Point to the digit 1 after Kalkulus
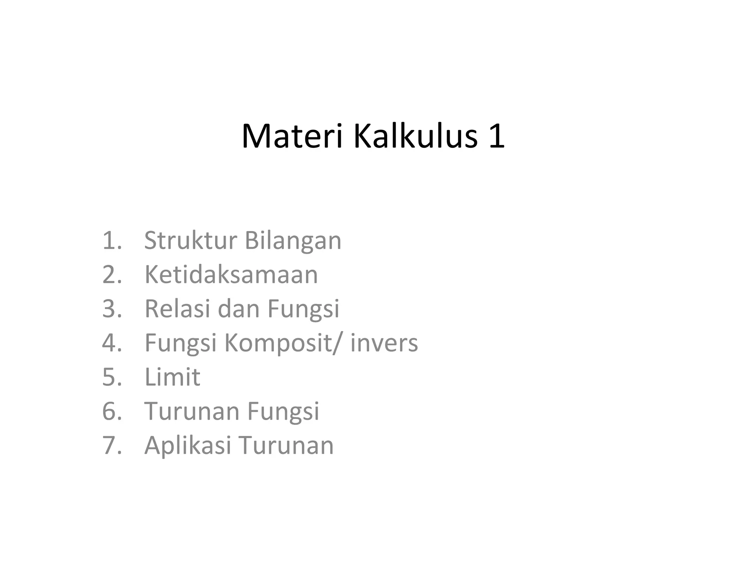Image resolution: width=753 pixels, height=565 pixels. point(496,136)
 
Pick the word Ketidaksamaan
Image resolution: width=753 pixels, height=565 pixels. point(231,275)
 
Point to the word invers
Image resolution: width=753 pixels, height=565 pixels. point(384,343)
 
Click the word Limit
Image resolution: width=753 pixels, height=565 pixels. point(172,377)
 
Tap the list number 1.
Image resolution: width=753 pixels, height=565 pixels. point(111,241)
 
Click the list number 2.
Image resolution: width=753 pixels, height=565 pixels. point(111,275)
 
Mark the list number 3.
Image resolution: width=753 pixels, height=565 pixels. point(111,309)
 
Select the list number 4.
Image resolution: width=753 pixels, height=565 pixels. point(111,343)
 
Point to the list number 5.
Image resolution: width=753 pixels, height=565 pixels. point(111,377)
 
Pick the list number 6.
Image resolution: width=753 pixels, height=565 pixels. point(111,411)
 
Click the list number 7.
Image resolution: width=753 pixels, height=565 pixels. point(111,445)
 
